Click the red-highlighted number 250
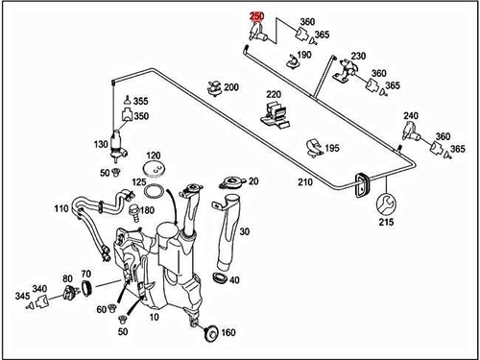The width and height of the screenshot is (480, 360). pos(256,16)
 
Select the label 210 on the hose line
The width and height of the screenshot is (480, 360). pos(304,181)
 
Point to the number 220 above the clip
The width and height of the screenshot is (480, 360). pos(274,95)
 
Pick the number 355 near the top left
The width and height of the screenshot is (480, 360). pos(140,101)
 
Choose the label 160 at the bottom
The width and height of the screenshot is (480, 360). pos(228,333)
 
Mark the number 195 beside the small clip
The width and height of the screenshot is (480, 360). pos(332,149)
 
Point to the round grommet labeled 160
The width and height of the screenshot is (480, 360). pos(205,332)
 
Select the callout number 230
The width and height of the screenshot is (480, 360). pos(359,57)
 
